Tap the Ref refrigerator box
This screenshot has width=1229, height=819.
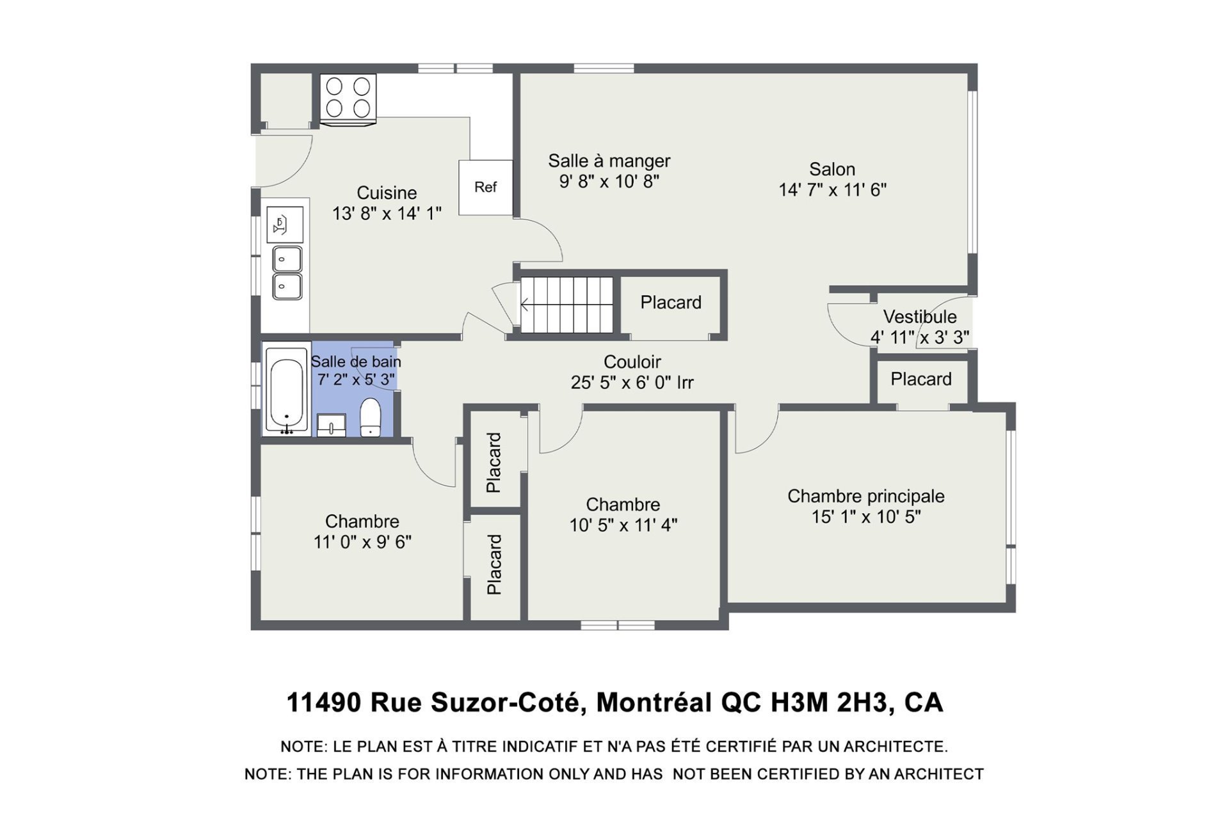(x=486, y=187)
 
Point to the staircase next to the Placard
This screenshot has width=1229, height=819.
(x=566, y=305)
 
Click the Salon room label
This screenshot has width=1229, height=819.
(x=832, y=170)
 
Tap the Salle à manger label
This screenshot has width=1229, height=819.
(x=609, y=161)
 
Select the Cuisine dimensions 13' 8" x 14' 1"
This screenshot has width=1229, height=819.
(x=387, y=214)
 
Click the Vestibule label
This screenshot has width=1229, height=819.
(x=920, y=317)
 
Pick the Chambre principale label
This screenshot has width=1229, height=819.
(x=866, y=497)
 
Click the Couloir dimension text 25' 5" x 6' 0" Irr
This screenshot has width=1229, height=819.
(x=632, y=383)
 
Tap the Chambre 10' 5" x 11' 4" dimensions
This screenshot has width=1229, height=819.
(x=623, y=525)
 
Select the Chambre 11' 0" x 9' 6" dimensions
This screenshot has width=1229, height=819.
(x=362, y=542)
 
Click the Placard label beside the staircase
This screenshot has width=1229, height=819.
(x=671, y=303)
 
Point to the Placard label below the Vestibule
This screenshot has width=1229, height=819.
(x=921, y=379)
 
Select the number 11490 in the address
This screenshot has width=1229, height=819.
(x=325, y=703)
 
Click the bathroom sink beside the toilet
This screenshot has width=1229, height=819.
(x=331, y=425)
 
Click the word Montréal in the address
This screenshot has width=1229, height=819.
(x=654, y=703)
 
